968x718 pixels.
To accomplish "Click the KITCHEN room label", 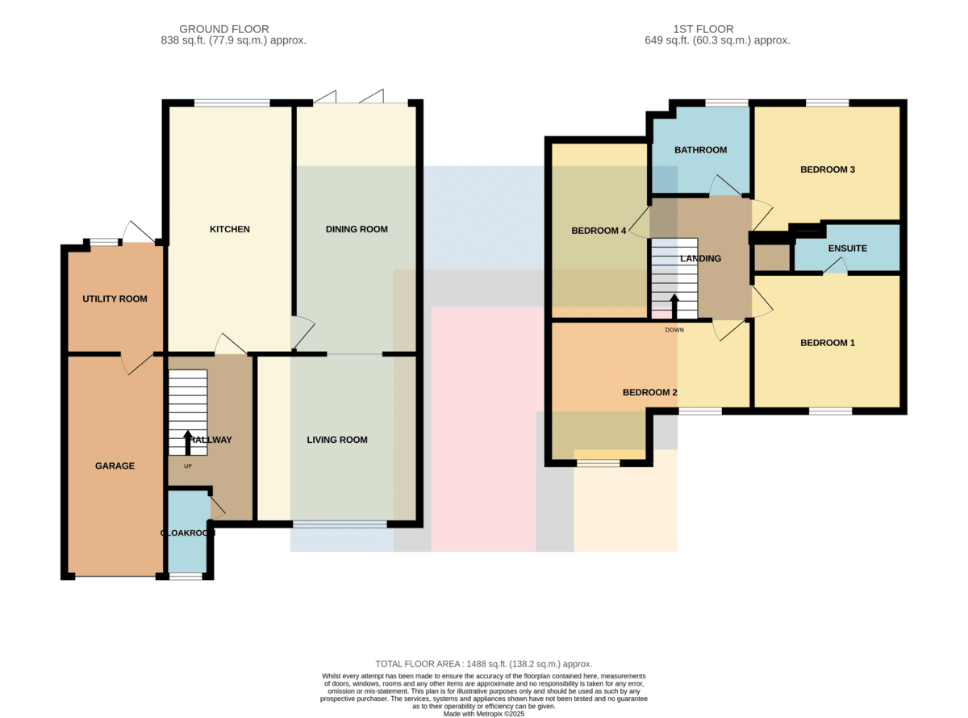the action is pos(230,229).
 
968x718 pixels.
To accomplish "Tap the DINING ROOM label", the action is pos(357,229).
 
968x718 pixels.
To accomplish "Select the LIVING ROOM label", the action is pos(337,440).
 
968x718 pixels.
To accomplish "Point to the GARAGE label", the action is pos(115,465).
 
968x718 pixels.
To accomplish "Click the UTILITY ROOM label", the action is pos(115,299).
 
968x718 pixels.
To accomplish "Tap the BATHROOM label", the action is pos(700,150).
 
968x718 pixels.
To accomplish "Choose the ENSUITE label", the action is pos(848,248).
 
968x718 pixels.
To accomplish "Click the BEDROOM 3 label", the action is pos(828,169).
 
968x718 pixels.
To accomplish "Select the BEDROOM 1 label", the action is pos(828,343).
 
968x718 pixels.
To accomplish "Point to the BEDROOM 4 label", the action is pos(599,231).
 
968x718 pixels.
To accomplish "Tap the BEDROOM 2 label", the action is pos(650,392).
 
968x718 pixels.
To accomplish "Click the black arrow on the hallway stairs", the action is pos(188,443).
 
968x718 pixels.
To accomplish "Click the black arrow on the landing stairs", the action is pos(674,307).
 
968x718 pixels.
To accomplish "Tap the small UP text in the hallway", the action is pos(188,466).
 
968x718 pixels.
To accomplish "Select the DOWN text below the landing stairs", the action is pos(674,330).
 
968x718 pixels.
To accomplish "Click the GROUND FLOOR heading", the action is pos(224,29).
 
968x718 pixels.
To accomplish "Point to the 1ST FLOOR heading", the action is pos(703,29).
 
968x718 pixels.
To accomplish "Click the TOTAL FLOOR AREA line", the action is pos(483,664).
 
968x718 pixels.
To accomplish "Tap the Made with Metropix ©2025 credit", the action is pos(483,714).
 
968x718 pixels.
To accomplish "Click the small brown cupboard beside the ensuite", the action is pos(772,258).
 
